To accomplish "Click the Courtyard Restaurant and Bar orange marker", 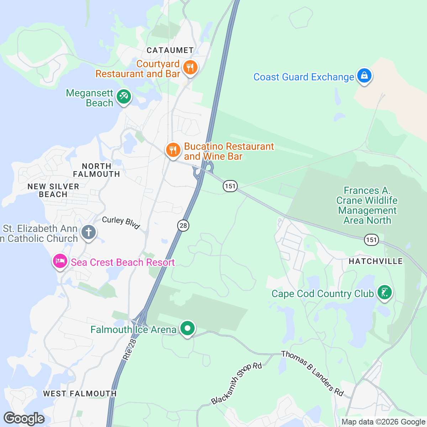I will click(190, 67).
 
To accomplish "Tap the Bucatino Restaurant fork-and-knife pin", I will click(173, 150).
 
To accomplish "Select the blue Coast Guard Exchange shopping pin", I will click(364, 76).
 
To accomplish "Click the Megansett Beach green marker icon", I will click(123, 96).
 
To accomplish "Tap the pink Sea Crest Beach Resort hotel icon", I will click(60, 261).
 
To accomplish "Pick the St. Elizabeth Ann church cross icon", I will click(89, 232).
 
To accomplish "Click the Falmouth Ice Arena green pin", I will click(187, 328).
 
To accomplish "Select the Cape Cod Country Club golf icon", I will click(384, 292).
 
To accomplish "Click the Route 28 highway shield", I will click(183, 226).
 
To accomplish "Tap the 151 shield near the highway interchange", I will click(230, 186).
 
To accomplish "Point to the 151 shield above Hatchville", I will click(371, 240).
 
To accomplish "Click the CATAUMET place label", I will click(170, 50).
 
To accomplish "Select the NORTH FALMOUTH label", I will click(96, 170).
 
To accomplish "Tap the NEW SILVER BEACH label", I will click(53, 190).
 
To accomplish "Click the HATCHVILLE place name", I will click(375, 261).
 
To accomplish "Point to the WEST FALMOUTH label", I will click(80, 394).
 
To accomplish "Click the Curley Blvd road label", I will click(121, 222).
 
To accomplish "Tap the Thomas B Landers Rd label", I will click(312, 373).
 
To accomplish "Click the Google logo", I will click(24, 419).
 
